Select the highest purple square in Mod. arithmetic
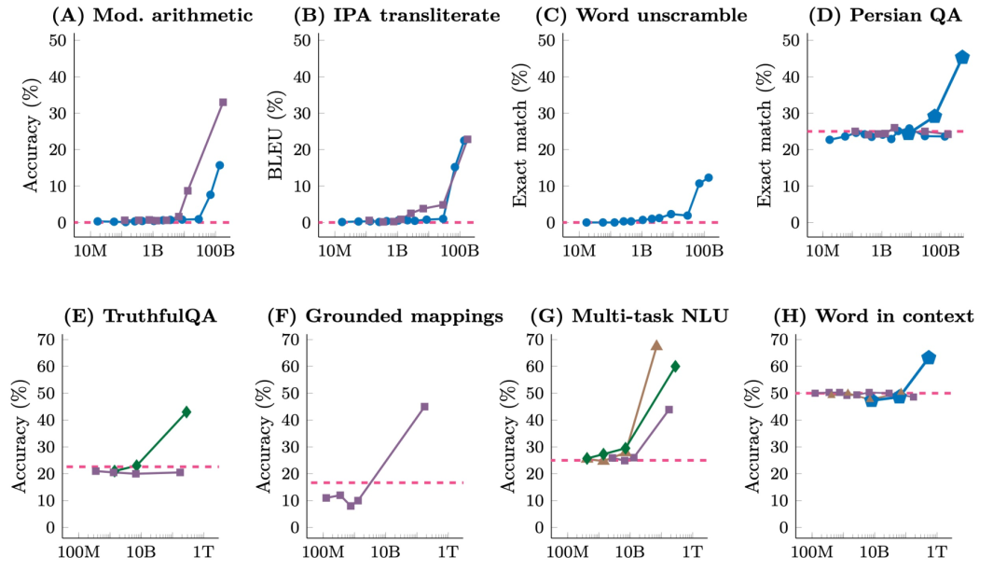(x=223, y=102)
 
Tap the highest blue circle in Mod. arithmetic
(x=220, y=165)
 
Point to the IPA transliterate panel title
(x=396, y=15)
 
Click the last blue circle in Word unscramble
(x=709, y=177)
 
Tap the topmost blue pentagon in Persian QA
(x=962, y=57)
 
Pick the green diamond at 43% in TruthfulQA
(x=186, y=411)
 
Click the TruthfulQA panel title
(x=140, y=316)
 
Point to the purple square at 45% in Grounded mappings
(x=424, y=407)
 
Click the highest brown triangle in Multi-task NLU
(x=656, y=344)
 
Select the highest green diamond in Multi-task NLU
(x=675, y=366)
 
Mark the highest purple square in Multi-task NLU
(x=669, y=410)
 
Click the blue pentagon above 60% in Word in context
(x=929, y=357)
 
